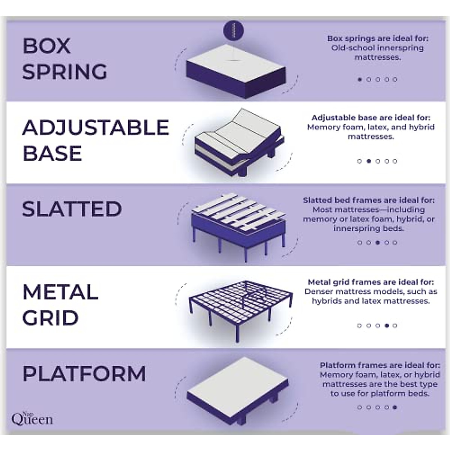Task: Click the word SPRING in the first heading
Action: click(64, 72)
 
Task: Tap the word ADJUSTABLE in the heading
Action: click(96, 127)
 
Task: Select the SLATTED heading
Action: click(72, 209)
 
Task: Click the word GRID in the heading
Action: click(51, 318)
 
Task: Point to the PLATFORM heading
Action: click(84, 373)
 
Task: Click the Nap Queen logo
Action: click(32, 418)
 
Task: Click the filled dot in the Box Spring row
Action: click(360, 79)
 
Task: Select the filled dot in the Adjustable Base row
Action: click(369, 161)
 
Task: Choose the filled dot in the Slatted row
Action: click(378, 243)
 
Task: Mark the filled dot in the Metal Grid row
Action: click(387, 325)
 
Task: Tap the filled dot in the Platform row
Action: click(395, 407)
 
